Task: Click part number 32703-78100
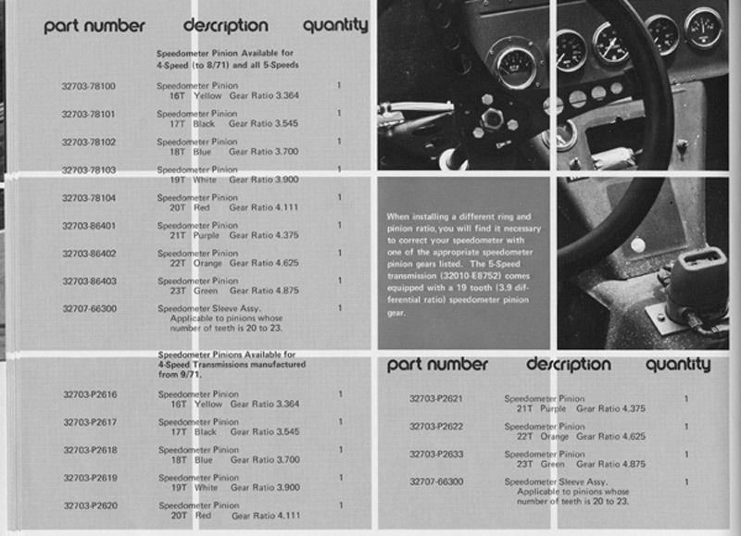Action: coord(88,86)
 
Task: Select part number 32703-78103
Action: coord(88,170)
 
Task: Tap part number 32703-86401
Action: coord(88,225)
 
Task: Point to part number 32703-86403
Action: coord(88,280)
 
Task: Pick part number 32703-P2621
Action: coord(437,399)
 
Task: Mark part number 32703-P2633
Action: coord(437,455)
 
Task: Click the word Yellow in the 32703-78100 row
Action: coord(207,95)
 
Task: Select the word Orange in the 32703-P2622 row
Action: coord(555,436)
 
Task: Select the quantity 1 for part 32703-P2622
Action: coord(686,427)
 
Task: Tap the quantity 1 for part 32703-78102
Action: coord(340,142)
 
